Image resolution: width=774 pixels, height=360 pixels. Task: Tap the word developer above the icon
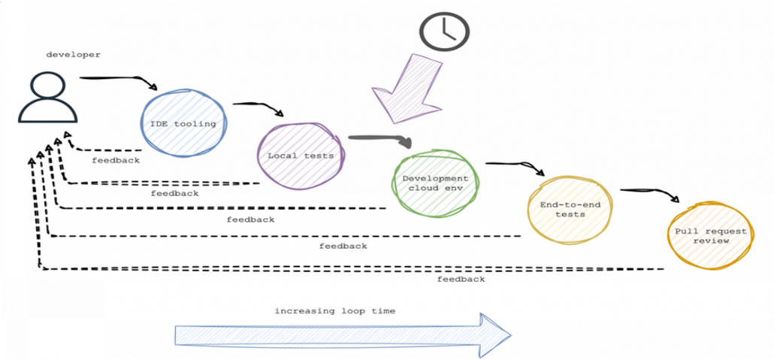[x=73, y=54]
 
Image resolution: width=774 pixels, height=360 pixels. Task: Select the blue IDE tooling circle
[x=183, y=123]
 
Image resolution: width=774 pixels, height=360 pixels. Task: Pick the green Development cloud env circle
[x=435, y=183]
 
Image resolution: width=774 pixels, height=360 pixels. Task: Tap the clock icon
[x=444, y=31]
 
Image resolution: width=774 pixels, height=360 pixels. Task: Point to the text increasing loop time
[x=334, y=310]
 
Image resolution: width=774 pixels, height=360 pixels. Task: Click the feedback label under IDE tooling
[x=116, y=160]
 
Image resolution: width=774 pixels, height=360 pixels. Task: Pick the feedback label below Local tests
[x=174, y=193]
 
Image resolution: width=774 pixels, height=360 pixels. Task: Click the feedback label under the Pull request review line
[x=461, y=279]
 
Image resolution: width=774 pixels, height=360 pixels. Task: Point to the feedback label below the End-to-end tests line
[x=343, y=246]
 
